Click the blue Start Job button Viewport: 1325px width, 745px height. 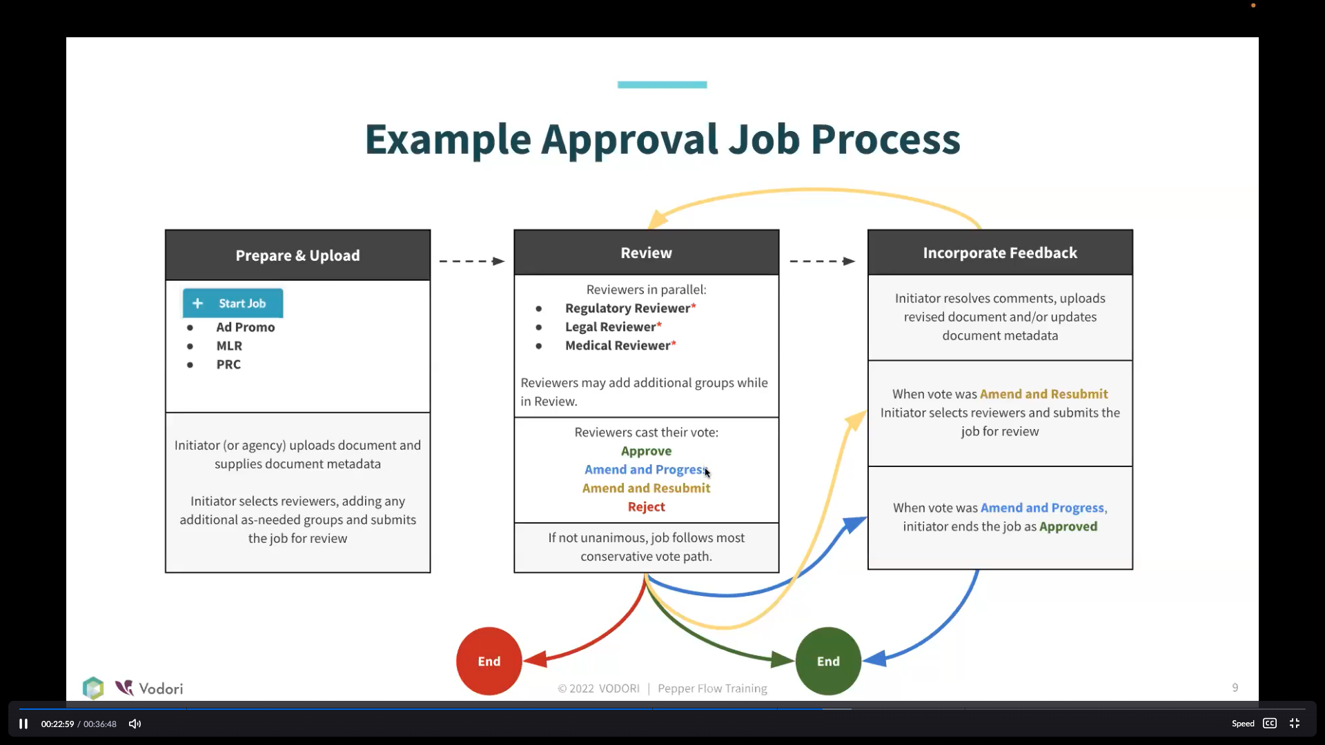(x=233, y=304)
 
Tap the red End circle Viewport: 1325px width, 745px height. (x=489, y=661)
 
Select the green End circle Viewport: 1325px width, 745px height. (x=828, y=661)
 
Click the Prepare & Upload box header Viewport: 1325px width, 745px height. (x=297, y=255)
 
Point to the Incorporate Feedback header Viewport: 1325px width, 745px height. (x=1000, y=252)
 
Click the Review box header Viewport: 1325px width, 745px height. (x=646, y=252)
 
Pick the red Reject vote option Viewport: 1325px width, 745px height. (x=647, y=507)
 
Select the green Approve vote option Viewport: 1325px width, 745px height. (x=646, y=451)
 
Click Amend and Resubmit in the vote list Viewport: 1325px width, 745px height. (x=646, y=488)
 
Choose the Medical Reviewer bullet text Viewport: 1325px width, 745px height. (x=620, y=346)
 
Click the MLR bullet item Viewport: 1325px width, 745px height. (x=229, y=346)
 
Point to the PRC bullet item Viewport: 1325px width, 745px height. (x=228, y=365)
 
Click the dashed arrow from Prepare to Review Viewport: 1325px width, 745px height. (x=472, y=261)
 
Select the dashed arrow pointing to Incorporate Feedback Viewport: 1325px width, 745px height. (x=823, y=261)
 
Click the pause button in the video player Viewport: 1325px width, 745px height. (x=23, y=724)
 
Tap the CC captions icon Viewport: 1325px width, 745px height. (x=1270, y=724)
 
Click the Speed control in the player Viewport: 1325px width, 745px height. (x=1243, y=724)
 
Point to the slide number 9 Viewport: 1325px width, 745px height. (x=1235, y=688)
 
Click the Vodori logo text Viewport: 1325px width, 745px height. (x=161, y=688)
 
